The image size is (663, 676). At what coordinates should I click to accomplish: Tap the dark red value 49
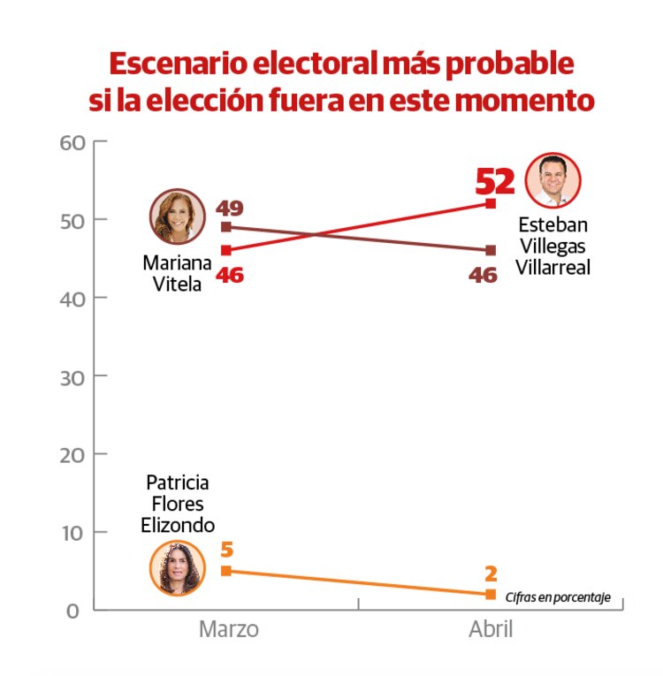[x=229, y=209]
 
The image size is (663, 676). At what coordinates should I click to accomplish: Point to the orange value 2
[x=491, y=573]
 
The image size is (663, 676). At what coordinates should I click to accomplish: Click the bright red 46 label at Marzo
[x=229, y=275]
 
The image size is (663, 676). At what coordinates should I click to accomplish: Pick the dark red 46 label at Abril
[x=483, y=275]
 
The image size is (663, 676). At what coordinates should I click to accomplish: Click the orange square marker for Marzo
[x=226, y=571]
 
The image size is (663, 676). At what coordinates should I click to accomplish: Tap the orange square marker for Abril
[x=491, y=594]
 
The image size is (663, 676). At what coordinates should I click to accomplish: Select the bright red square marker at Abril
[x=491, y=203]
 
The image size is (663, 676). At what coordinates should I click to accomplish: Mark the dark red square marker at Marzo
[x=226, y=227]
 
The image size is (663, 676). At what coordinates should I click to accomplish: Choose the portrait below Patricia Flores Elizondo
[x=178, y=567]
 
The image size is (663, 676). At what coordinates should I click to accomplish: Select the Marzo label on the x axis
[x=228, y=629]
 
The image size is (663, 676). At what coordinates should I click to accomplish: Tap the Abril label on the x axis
[x=490, y=629]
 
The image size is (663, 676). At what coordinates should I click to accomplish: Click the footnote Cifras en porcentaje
[x=558, y=597]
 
